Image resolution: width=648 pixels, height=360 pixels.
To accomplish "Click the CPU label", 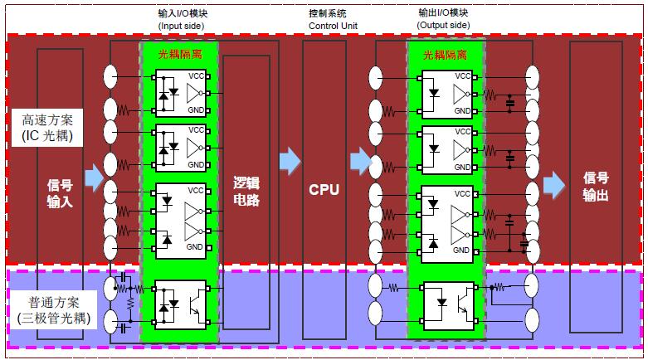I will [x=324, y=189].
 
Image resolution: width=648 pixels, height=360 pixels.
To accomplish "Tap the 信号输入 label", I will [x=60, y=191].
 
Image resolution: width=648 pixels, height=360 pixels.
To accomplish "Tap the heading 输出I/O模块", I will [x=444, y=14].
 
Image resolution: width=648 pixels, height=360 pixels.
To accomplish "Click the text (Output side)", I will [x=444, y=26].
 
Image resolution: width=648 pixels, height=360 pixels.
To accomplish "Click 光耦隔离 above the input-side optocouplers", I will [x=178, y=55].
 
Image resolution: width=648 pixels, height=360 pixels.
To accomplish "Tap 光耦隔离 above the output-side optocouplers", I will [x=445, y=55].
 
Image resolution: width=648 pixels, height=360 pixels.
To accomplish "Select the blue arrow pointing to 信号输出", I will [x=552, y=182].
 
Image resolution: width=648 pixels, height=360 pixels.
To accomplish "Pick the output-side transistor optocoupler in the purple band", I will [x=446, y=304].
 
